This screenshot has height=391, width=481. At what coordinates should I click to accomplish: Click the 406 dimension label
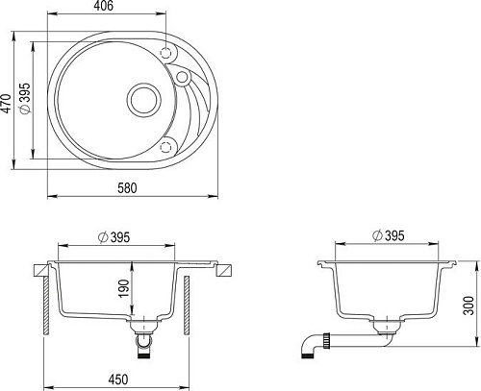point(104,6)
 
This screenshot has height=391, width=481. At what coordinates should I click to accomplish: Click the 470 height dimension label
point(6,103)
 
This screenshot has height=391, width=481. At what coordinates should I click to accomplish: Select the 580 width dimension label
point(127,188)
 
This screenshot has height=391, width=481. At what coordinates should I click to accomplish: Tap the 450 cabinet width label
point(117,379)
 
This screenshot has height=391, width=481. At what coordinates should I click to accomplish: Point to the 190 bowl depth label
point(124,288)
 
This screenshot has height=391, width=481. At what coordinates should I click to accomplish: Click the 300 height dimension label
point(469,305)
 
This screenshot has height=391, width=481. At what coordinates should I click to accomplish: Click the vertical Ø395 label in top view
point(25,98)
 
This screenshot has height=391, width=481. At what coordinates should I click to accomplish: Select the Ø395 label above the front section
point(114,237)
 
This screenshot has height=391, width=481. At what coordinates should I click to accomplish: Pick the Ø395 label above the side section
point(389,235)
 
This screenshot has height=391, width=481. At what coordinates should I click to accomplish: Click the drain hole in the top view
point(143,99)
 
